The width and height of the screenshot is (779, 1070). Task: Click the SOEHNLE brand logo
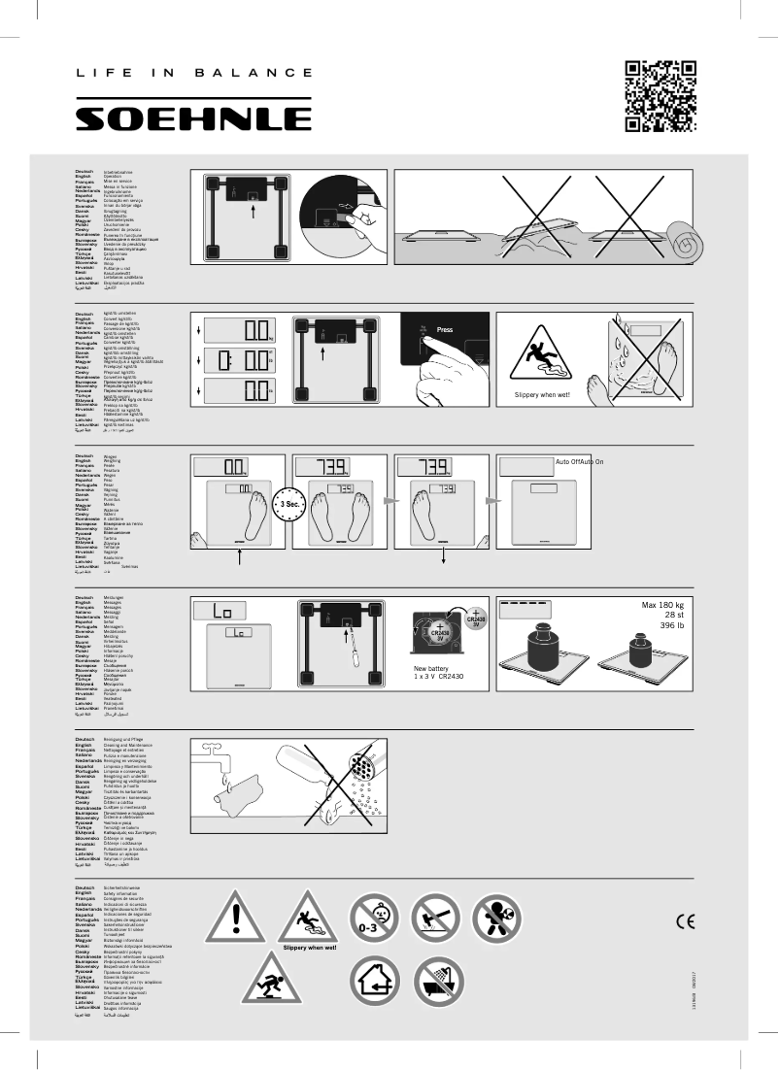(x=193, y=117)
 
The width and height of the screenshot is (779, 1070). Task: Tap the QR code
(x=660, y=95)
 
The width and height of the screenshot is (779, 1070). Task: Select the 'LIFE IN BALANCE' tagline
(x=193, y=73)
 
